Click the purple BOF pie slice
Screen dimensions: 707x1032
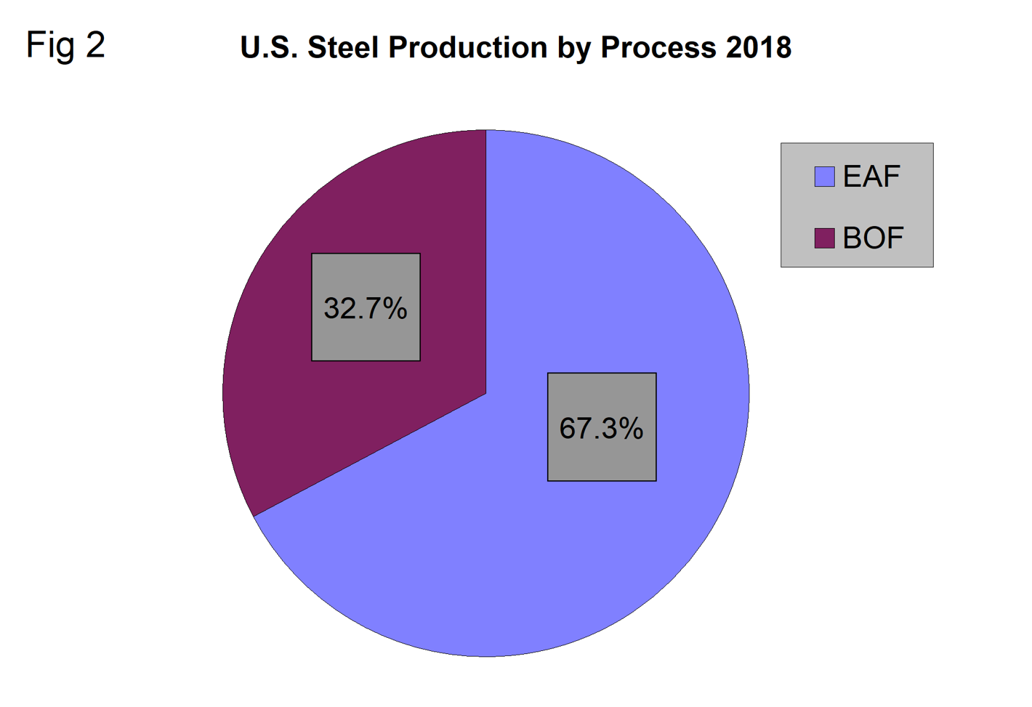291,407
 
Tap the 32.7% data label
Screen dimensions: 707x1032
366,308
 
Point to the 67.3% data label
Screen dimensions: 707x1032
601,428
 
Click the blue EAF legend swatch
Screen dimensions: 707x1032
824,177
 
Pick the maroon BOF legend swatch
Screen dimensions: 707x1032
824,238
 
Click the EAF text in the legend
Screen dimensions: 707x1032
871,177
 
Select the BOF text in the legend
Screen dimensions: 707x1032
873,238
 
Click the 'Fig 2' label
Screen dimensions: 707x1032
65,46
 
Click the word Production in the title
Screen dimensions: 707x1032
467,48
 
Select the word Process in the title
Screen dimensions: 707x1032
658,48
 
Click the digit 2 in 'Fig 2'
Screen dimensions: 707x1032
95,45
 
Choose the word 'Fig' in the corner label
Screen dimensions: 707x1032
50,46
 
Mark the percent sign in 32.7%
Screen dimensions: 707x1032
395,308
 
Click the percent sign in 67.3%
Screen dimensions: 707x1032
631,428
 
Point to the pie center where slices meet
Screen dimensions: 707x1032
485,394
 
